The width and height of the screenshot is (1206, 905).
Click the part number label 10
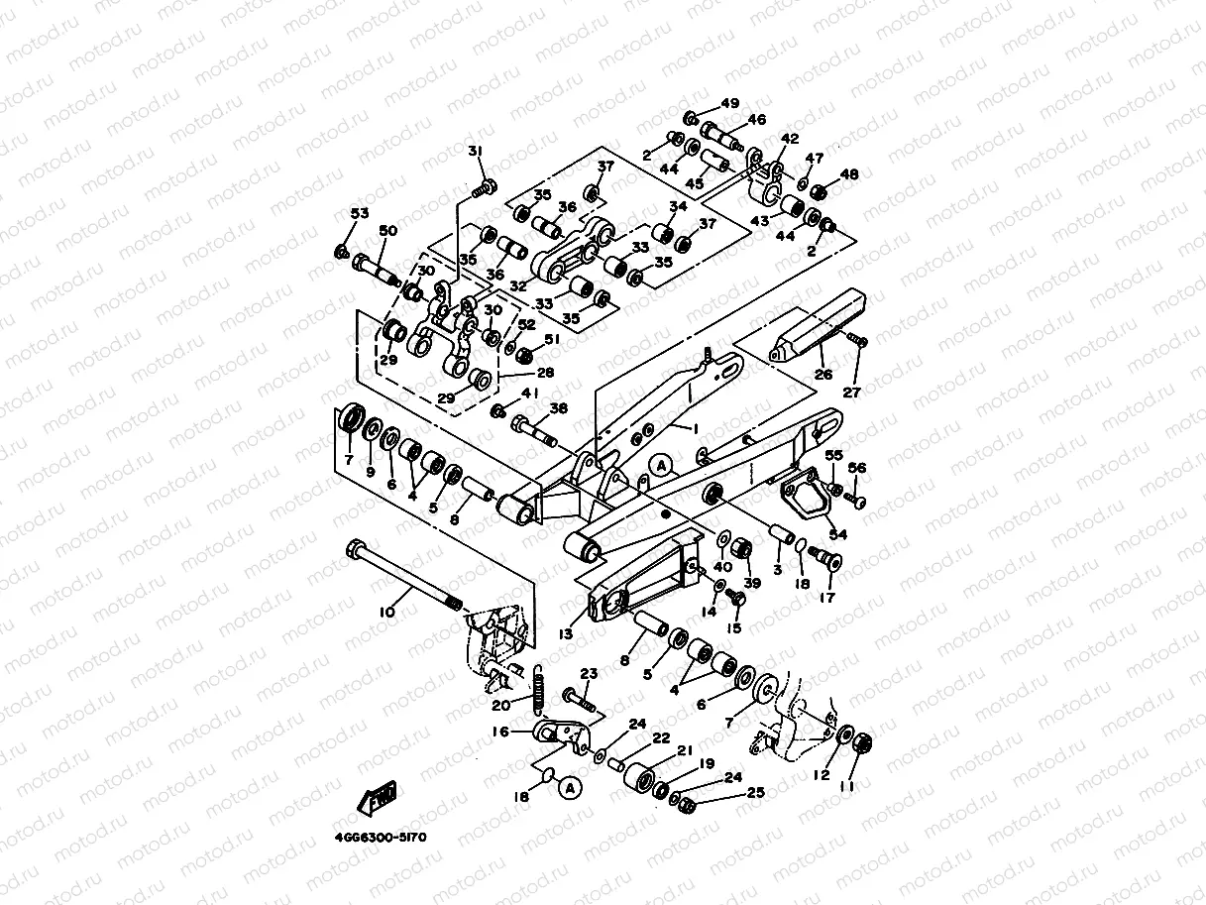click(x=386, y=613)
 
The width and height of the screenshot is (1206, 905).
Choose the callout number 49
click(x=729, y=103)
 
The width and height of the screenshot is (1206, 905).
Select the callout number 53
click(x=359, y=214)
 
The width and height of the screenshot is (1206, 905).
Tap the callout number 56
click(x=857, y=469)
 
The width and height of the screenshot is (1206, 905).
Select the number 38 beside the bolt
click(x=559, y=407)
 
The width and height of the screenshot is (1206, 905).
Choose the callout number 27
click(x=851, y=392)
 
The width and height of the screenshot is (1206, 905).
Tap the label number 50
click(x=387, y=231)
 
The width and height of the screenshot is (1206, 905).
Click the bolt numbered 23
click(x=580, y=699)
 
